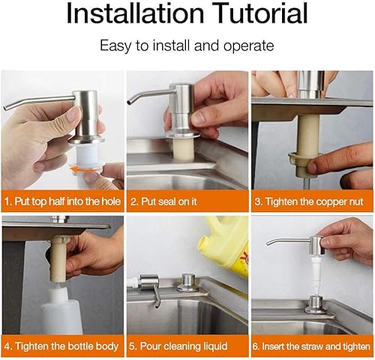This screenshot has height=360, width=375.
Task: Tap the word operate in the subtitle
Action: coord(248,46)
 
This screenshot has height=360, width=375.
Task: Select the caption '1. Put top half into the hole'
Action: coord(62,202)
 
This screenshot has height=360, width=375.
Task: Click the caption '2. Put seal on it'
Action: coord(163,202)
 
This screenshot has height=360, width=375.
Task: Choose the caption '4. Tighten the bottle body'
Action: coord(61,346)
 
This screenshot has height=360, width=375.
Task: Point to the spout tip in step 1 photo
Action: coord(5,108)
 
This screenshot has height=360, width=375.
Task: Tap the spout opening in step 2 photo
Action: coord(129,103)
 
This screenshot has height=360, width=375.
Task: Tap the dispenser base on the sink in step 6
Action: coord(316,304)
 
